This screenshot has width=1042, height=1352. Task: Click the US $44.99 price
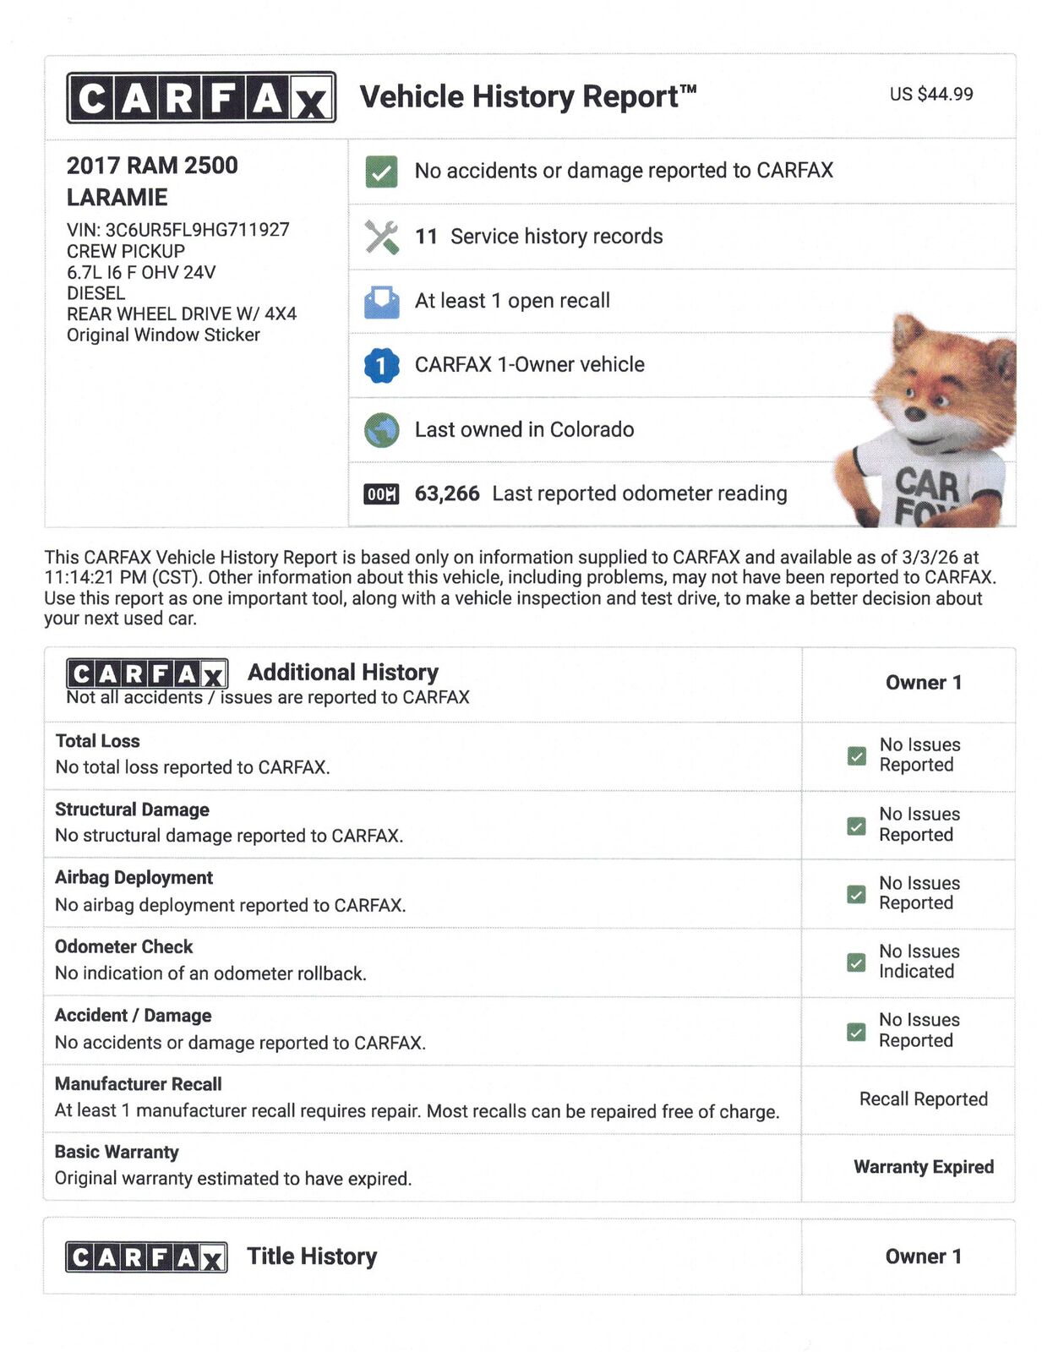(x=930, y=94)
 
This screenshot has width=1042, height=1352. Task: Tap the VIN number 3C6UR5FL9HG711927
(x=196, y=230)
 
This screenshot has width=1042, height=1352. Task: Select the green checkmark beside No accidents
(x=381, y=172)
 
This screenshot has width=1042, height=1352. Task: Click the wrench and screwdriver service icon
(x=381, y=237)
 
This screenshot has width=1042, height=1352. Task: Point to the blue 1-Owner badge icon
(x=381, y=365)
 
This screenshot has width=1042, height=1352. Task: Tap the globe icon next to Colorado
(x=381, y=430)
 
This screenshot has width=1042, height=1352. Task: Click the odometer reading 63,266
(x=446, y=493)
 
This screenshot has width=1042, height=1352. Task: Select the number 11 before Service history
(x=426, y=237)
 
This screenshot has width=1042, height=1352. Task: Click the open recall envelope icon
(x=381, y=302)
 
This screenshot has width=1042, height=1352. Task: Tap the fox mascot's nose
(x=914, y=414)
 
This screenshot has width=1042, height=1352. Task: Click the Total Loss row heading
(x=97, y=741)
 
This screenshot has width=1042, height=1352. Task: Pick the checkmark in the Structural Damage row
(x=856, y=826)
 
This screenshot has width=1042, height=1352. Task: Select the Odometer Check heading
(x=123, y=946)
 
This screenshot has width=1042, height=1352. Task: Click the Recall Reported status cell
(x=923, y=1099)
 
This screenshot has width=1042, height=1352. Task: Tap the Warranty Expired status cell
(x=923, y=1167)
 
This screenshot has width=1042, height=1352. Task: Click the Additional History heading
(x=342, y=673)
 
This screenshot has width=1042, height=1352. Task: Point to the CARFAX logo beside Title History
(x=146, y=1257)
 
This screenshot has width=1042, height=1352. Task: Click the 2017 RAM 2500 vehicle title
(x=152, y=166)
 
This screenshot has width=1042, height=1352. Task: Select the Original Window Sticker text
(x=163, y=335)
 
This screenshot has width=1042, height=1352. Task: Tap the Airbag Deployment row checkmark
(x=856, y=894)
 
